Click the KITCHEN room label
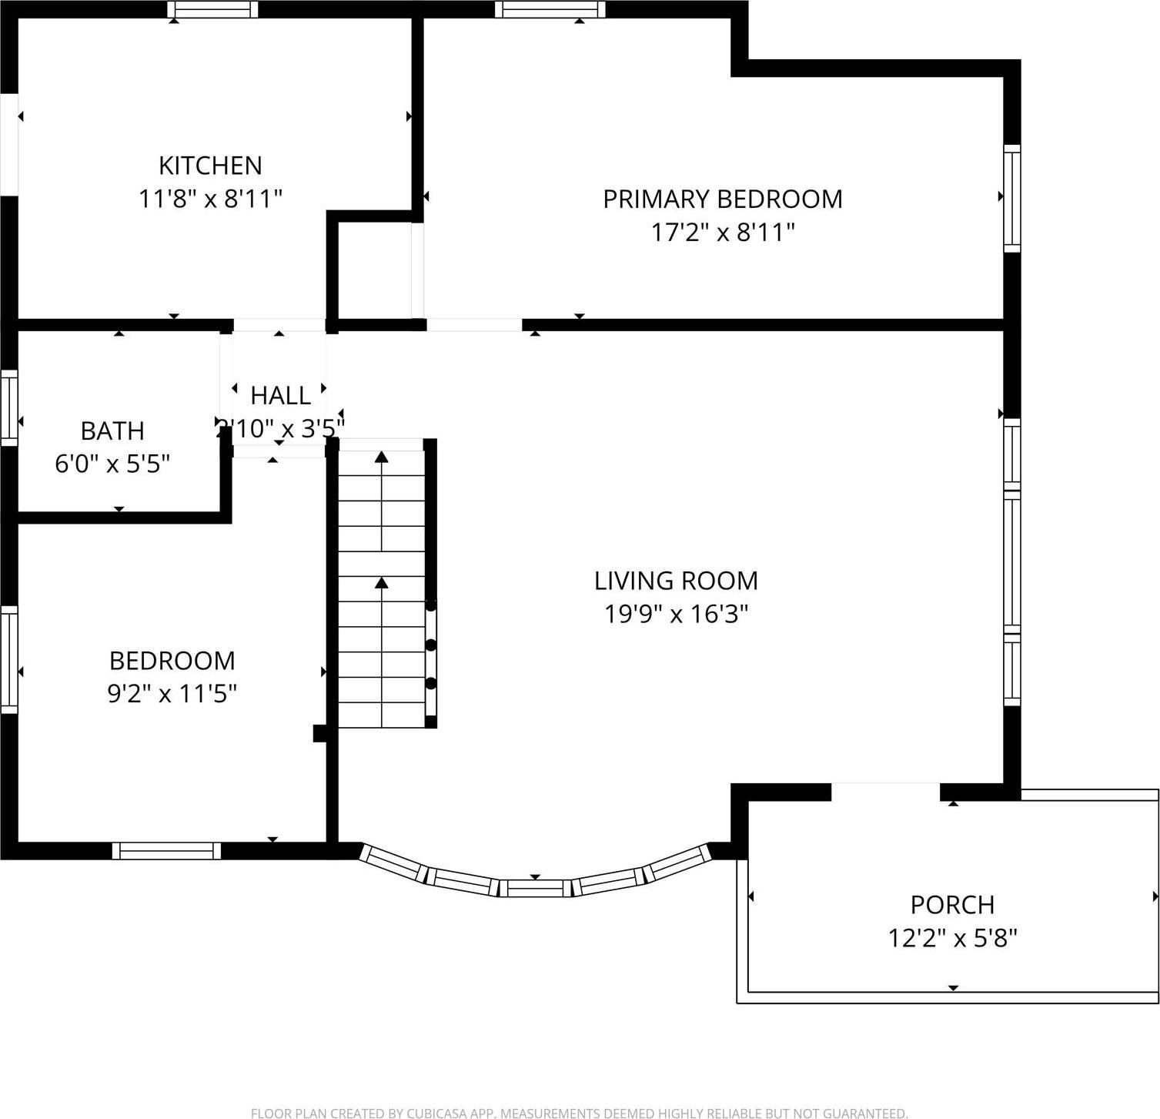point(210,166)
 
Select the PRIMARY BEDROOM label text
point(722,199)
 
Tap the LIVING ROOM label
point(676,580)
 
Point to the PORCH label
point(952,904)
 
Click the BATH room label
point(112,431)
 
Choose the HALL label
point(280,395)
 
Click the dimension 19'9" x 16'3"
point(676,614)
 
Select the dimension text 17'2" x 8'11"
point(722,232)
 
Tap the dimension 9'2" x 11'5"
point(172,694)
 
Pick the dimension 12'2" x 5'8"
point(952,938)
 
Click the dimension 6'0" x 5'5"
point(112,464)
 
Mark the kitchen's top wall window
point(212,9)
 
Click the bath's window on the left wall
point(9,407)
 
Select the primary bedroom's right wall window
point(1012,198)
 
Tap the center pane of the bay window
point(535,888)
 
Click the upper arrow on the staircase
point(382,457)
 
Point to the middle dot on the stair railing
point(431,645)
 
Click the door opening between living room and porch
point(885,792)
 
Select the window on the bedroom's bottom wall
point(166,850)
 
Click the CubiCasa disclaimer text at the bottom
point(579,1113)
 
